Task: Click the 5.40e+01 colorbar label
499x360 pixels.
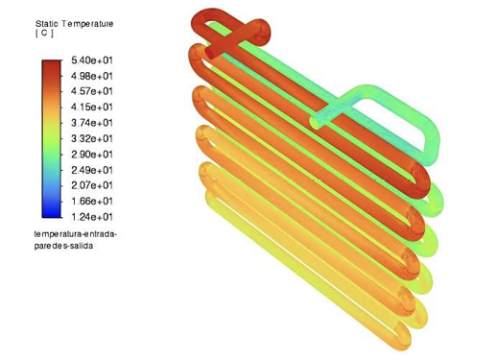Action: tap(92, 60)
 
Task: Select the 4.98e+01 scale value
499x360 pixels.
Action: tap(92, 76)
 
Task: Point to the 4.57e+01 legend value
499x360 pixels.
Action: tap(92, 91)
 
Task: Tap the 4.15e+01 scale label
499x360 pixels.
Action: tap(92, 107)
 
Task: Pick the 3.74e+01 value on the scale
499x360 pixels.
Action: tap(92, 123)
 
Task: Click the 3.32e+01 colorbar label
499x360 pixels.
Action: tap(92, 139)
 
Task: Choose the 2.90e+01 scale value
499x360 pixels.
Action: tap(92, 155)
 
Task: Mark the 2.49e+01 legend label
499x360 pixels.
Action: tap(92, 170)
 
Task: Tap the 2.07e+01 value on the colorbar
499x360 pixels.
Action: tap(92, 185)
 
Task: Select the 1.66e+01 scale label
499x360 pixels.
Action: tap(92, 202)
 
